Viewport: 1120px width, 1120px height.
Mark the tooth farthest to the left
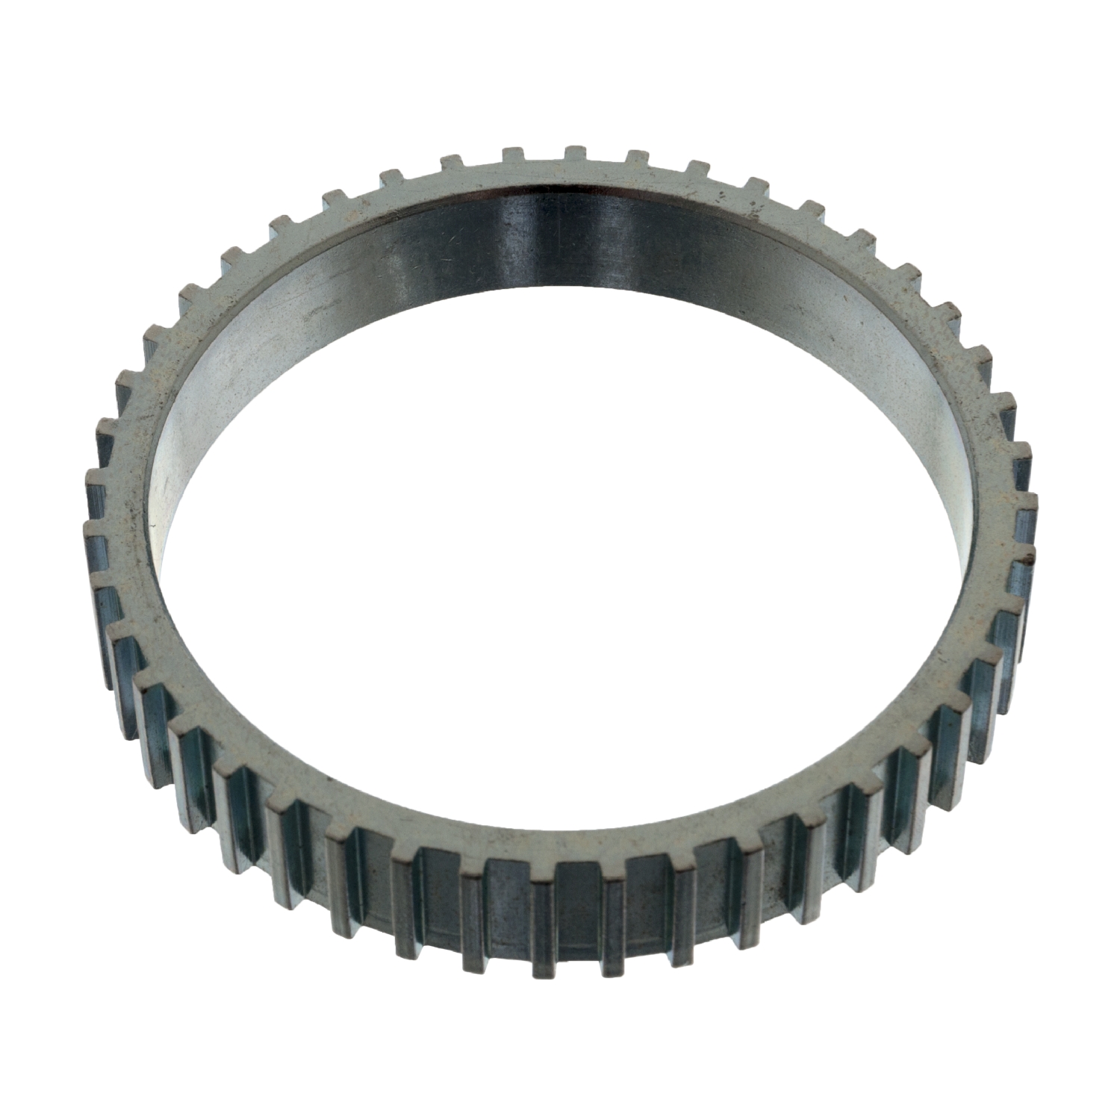pyautogui.click(x=96, y=538)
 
